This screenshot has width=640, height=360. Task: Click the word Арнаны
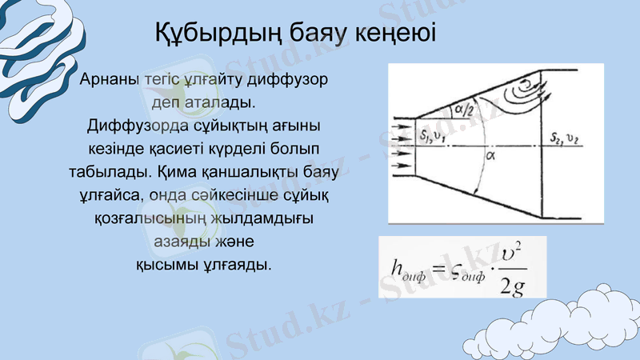(x=109, y=81)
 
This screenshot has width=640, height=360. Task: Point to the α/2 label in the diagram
(x=464, y=110)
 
